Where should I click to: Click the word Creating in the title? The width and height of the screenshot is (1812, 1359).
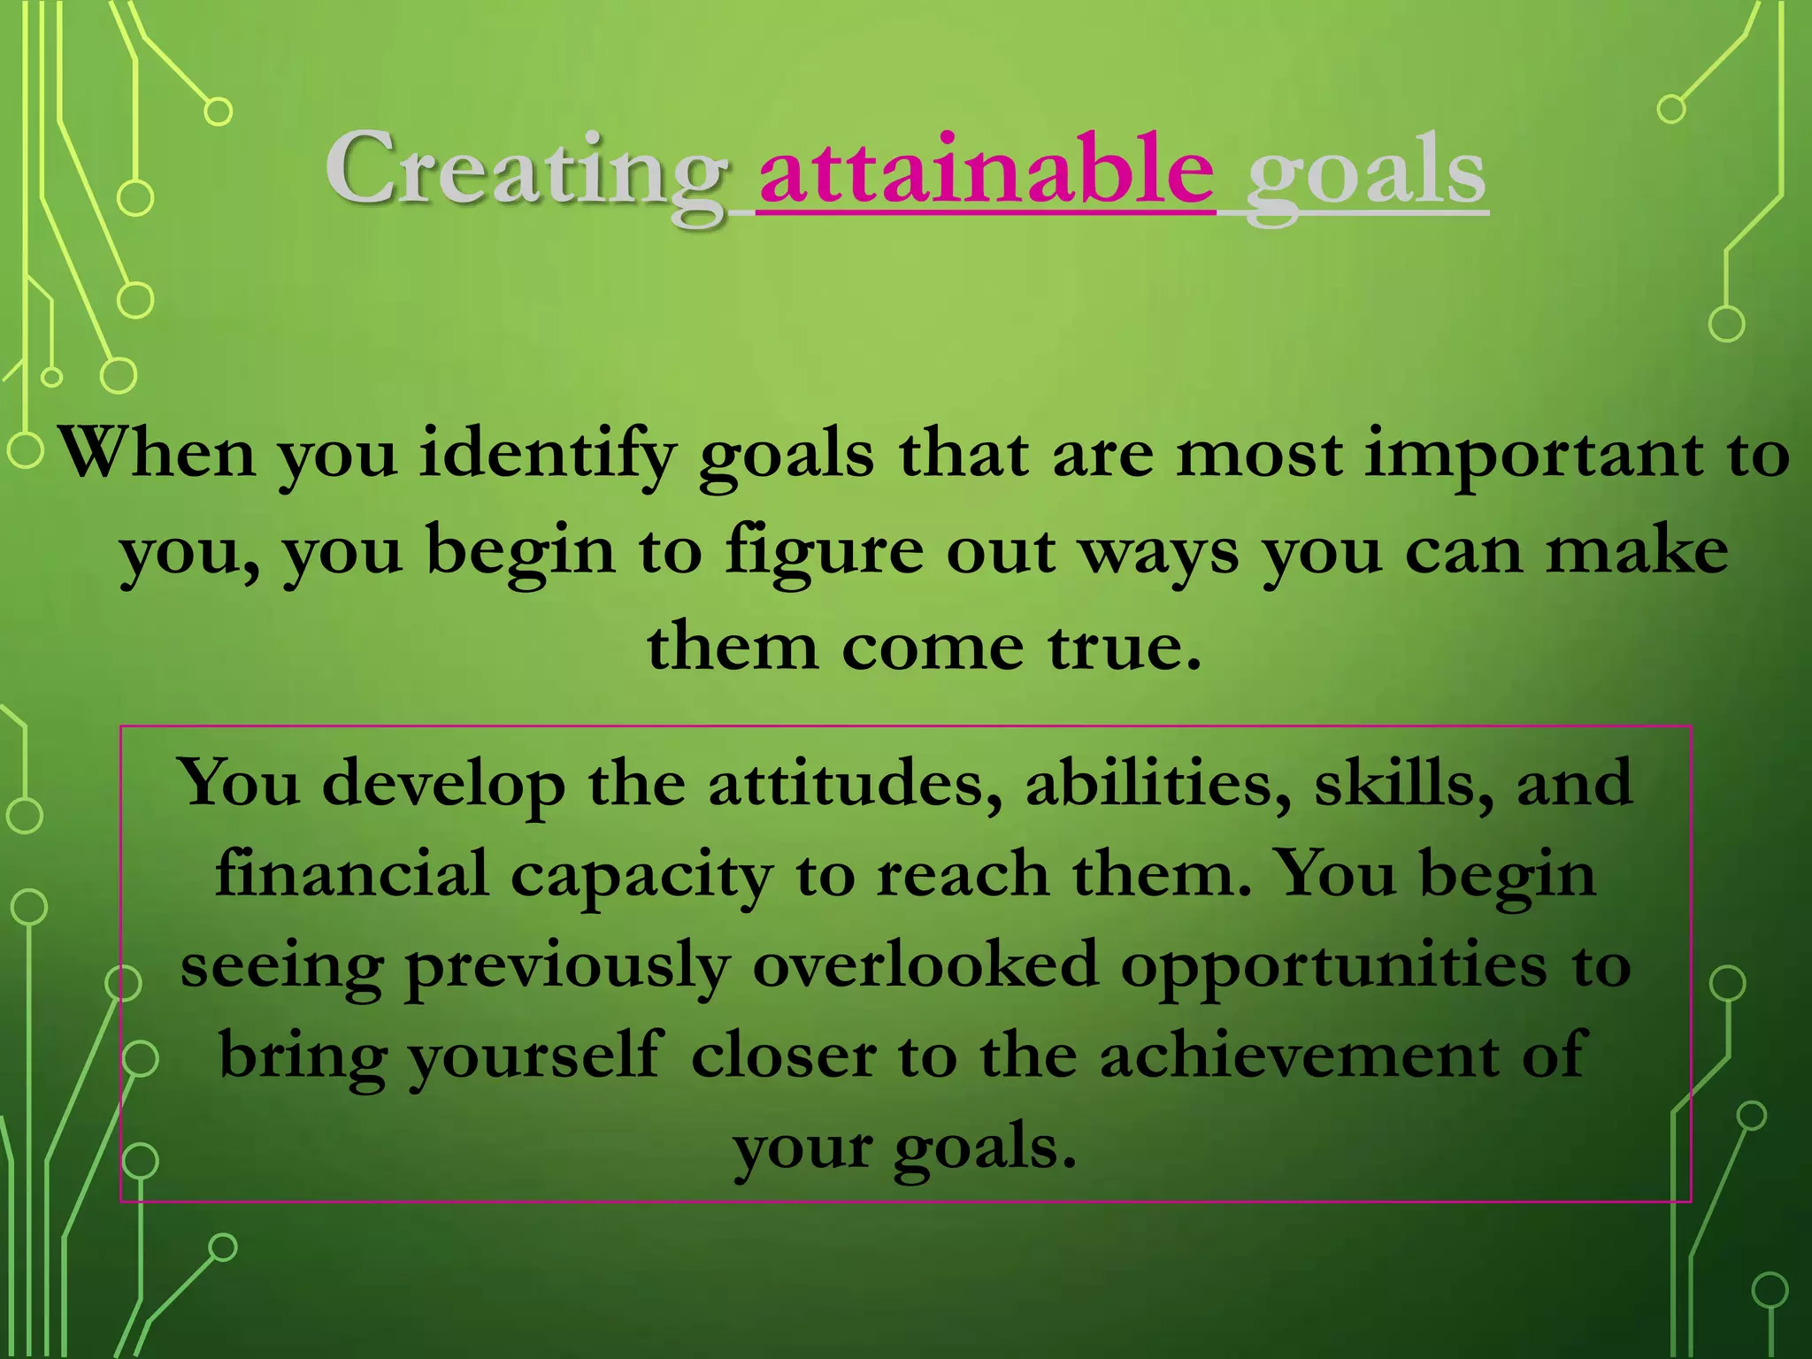[x=524, y=171]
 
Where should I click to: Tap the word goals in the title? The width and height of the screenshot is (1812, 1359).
[x=1366, y=173]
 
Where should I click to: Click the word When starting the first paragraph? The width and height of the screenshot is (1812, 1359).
[x=157, y=454]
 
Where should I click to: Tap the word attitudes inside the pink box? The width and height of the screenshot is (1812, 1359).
[x=855, y=784]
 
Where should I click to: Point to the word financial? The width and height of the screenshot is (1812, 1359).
[x=351, y=874]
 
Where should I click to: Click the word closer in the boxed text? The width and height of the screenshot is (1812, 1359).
[x=783, y=1056]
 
